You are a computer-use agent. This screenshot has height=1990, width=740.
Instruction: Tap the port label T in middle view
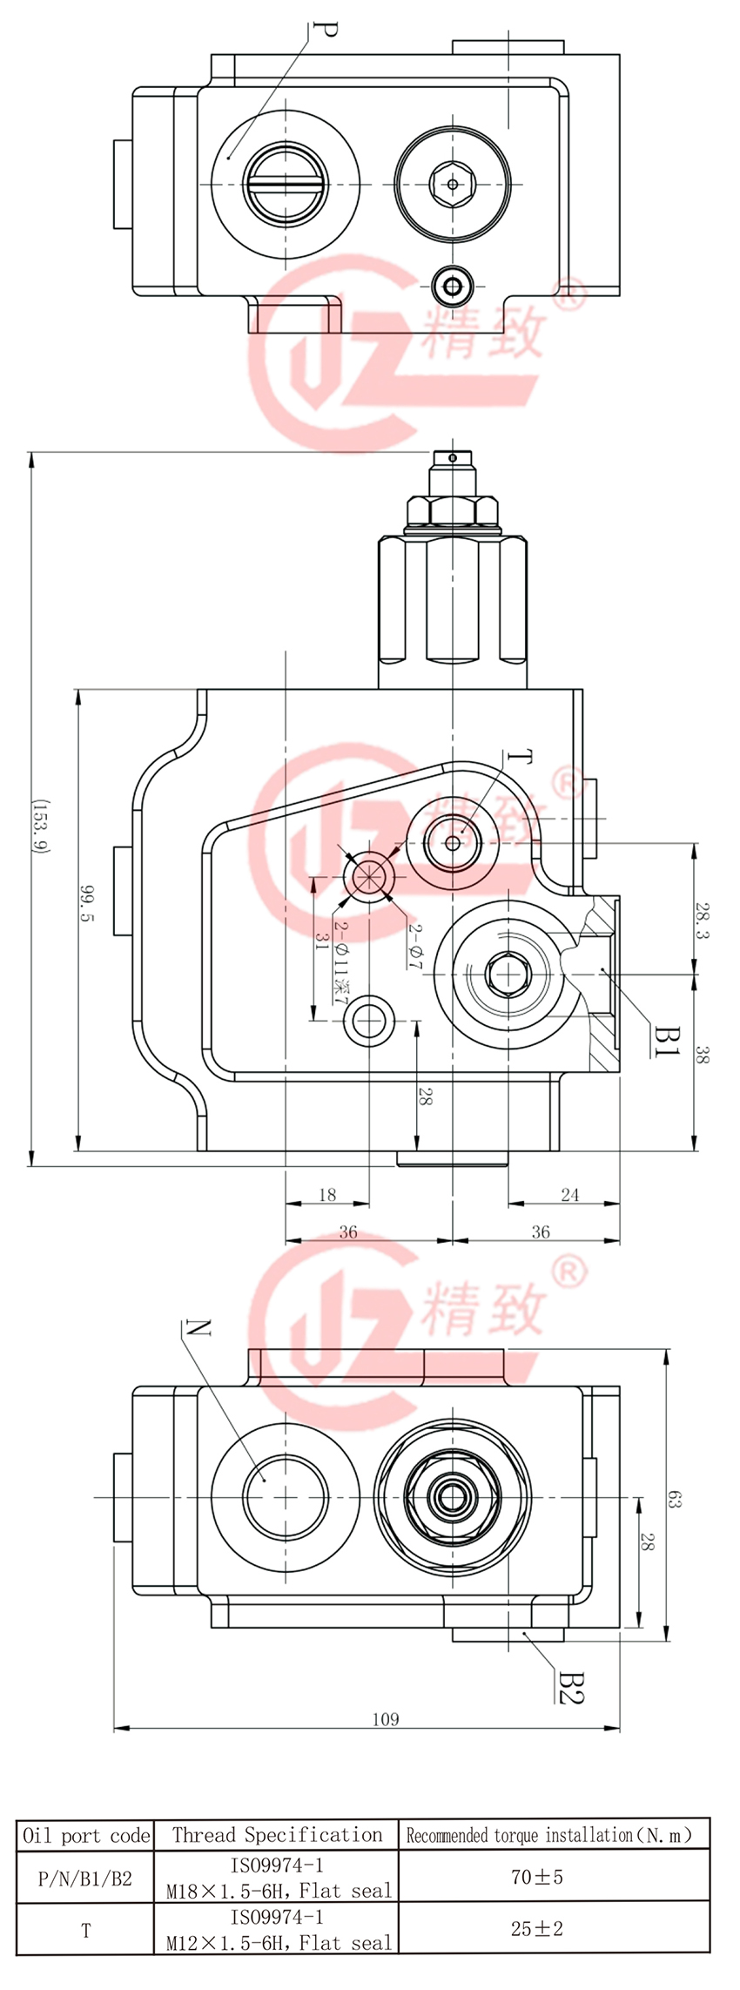pyautogui.click(x=519, y=759)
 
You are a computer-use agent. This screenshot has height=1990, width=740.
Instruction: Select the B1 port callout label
pyautogui.click(x=666, y=1040)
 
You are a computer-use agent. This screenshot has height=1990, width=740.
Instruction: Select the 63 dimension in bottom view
pyautogui.click(x=676, y=1499)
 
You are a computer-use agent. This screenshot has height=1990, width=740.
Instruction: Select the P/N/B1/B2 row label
pyautogui.click(x=85, y=1879)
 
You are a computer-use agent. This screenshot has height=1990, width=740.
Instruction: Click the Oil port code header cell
pyautogui.click(x=85, y=1837)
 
